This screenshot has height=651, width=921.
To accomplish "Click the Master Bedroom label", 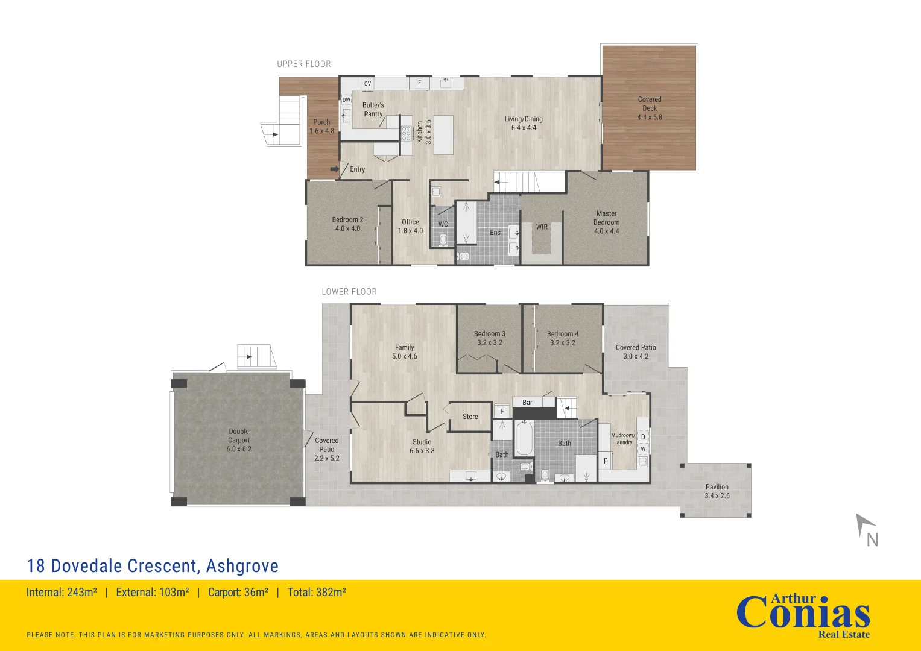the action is [x=607, y=222].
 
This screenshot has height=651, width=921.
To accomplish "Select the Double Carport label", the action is [x=239, y=440].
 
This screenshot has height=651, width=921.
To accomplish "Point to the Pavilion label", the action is [x=717, y=491].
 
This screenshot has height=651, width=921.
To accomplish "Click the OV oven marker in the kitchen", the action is [x=367, y=83].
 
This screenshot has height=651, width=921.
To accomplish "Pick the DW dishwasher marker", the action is [x=347, y=100].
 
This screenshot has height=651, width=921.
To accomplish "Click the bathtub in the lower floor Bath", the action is [x=524, y=438].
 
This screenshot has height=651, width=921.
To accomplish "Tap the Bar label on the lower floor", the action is [x=527, y=403].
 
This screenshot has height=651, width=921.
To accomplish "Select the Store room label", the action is [x=470, y=417].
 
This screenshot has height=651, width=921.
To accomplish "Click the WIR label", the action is [x=542, y=227].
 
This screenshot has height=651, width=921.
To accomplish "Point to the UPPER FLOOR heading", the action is [x=304, y=64].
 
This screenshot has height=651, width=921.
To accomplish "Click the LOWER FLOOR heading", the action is [x=349, y=292].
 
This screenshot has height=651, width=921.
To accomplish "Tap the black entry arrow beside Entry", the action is [x=335, y=169].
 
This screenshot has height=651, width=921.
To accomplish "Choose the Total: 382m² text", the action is [x=317, y=592].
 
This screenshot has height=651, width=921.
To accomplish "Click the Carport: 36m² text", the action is [x=238, y=592].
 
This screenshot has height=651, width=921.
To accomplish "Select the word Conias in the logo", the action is [x=803, y=615].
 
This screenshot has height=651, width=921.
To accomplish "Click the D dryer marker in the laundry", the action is [x=643, y=437].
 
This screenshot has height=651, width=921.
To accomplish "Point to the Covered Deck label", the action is [x=650, y=108].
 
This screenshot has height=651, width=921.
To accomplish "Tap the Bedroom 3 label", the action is [x=490, y=338].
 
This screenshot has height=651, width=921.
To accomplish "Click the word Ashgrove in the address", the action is [x=242, y=566].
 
